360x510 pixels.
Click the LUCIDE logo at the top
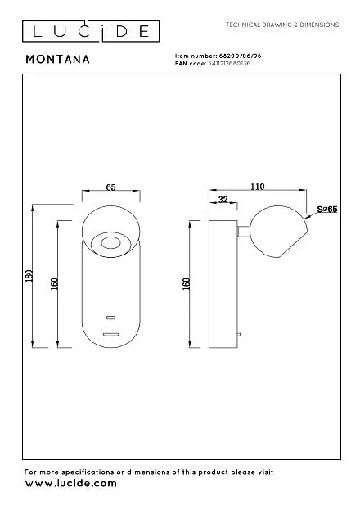(x=91, y=32)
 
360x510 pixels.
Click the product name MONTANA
(x=57, y=60)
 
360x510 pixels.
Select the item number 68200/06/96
(x=240, y=56)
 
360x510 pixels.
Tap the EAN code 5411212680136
(x=229, y=63)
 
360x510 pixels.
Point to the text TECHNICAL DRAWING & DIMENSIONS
(x=282, y=25)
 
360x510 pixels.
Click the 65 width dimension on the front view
(x=111, y=187)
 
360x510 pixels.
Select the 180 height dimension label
(x=29, y=276)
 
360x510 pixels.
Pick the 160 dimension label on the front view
(x=55, y=283)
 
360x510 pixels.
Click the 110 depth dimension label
(x=257, y=187)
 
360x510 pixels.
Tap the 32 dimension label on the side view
(x=223, y=200)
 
